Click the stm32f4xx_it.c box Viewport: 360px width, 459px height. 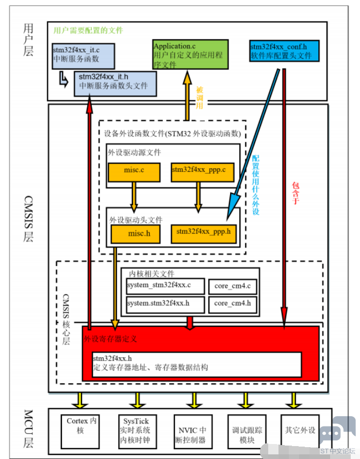tap(84, 56)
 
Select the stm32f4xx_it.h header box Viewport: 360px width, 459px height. tap(115, 84)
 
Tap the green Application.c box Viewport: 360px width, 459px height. tap(190, 54)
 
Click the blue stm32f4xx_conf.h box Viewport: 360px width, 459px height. tap(284, 51)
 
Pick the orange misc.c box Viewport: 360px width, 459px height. tap(134, 172)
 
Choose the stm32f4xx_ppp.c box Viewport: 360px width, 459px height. tap(203, 172)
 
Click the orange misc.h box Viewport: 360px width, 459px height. tap(136, 234)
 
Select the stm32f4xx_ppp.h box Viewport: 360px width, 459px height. tap(204, 234)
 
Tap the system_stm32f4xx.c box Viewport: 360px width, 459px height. tap(165, 286)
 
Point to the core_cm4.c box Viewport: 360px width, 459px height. tap(233, 287)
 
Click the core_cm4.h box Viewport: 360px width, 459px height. tap(233, 305)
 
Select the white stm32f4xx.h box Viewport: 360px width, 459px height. tap(197, 365)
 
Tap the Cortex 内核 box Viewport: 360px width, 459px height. tap(80, 432)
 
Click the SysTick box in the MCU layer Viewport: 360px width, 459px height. tap(137, 432)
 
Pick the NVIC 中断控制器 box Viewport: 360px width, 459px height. tap(193, 432)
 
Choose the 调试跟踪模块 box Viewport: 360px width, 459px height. tap(247, 432)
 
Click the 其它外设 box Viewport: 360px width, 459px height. tap(300, 432)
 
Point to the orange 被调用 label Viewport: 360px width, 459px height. tap(200, 98)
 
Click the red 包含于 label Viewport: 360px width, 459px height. tap(296, 193)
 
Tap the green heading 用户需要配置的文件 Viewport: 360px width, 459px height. tap(88, 30)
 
